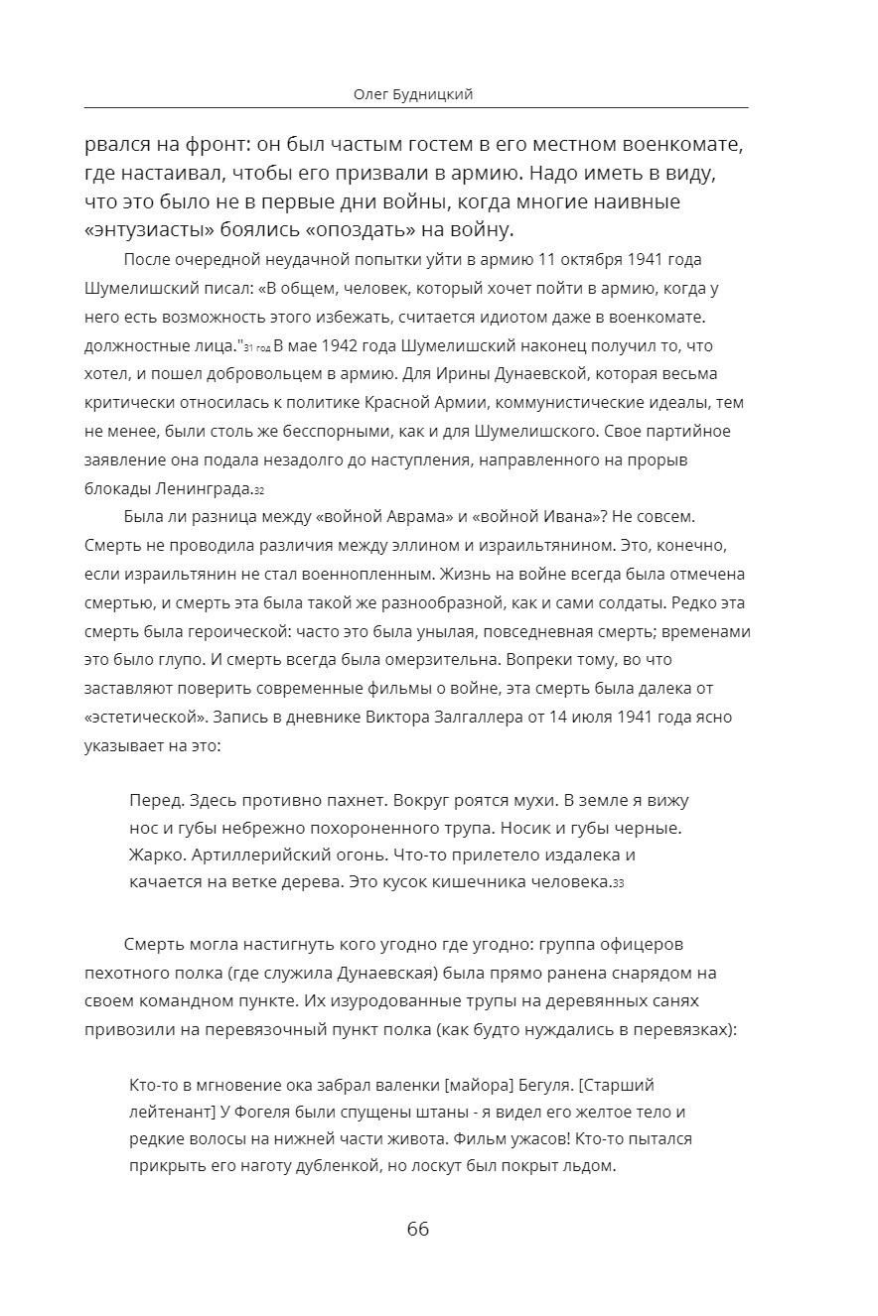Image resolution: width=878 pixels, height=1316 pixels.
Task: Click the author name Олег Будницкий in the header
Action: coord(413,94)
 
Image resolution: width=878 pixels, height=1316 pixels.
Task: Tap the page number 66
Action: coord(418,1229)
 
